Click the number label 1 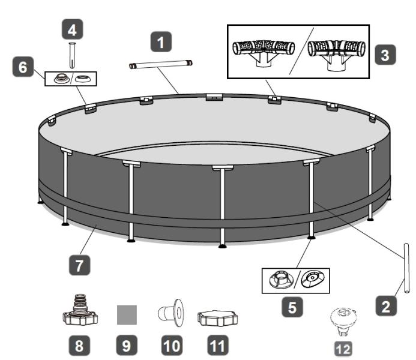click(x=160, y=43)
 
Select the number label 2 click(x=385, y=307)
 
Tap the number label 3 click(x=385, y=55)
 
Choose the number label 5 click(x=292, y=308)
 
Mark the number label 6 click(x=23, y=68)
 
